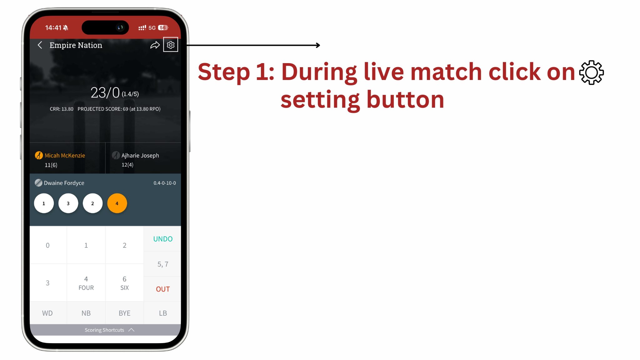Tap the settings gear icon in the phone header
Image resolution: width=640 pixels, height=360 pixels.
[170, 45]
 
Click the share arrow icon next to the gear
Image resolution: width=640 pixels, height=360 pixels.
[155, 45]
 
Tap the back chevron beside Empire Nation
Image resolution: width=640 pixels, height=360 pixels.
[40, 45]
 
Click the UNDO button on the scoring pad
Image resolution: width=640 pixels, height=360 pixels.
[162, 239]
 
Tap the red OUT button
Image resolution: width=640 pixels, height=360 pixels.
[162, 289]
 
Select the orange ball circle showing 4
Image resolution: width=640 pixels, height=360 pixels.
[117, 203]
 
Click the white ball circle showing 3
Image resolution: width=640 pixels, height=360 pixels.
[68, 203]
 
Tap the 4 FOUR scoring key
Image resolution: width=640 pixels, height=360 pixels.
[86, 283]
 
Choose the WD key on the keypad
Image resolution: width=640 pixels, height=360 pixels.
[47, 313]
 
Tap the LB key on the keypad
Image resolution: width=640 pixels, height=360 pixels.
[162, 313]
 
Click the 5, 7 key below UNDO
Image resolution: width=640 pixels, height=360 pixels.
[162, 264]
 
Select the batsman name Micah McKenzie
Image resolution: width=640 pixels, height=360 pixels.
[65, 156]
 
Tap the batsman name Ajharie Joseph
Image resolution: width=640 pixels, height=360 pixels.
[140, 156]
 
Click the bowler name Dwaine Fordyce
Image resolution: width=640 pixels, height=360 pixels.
[64, 183]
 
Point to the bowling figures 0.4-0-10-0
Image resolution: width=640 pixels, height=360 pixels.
[164, 183]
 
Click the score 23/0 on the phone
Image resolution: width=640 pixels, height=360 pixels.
[105, 92]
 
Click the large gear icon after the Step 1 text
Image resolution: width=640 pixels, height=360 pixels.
[591, 72]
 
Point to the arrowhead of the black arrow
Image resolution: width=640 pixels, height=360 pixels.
[318, 45]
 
